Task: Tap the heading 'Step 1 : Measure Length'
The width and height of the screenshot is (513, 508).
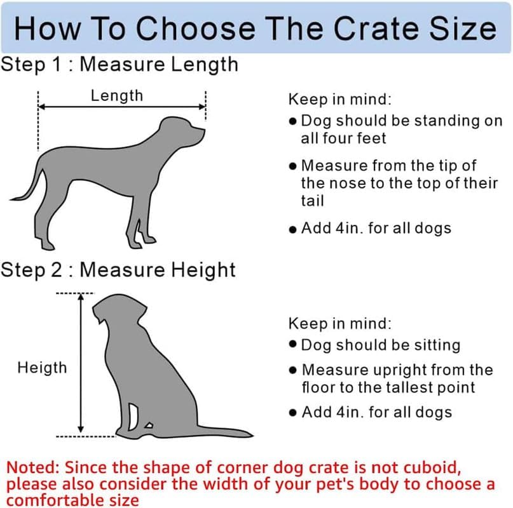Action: [120, 64]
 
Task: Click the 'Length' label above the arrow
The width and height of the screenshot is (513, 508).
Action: [117, 96]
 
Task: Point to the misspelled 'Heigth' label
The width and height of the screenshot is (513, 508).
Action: [42, 367]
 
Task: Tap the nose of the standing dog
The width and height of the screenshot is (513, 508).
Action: [203, 132]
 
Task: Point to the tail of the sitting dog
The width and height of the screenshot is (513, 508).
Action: [216, 432]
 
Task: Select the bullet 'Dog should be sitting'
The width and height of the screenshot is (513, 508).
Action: [380, 345]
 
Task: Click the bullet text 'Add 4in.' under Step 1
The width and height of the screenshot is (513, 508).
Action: [376, 228]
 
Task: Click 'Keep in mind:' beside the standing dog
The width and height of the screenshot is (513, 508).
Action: [340, 99]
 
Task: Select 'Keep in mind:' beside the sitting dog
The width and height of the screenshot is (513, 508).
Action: [340, 323]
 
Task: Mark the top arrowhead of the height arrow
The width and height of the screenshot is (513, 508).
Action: [81, 298]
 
